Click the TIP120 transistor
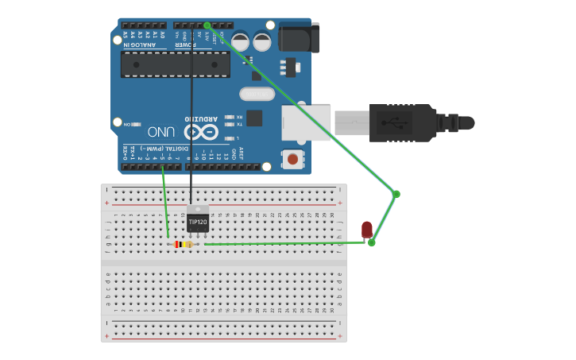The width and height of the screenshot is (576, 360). [198, 221]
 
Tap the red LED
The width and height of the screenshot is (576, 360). [366, 229]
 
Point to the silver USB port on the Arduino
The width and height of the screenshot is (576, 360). [306, 122]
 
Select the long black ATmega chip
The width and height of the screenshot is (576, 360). [175, 64]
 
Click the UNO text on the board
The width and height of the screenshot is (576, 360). [161, 131]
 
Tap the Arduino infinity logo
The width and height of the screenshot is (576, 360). [201, 131]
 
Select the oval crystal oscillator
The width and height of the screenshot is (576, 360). [257, 94]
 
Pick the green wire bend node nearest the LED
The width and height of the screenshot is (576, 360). [371, 242]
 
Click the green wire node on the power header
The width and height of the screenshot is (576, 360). [207, 25]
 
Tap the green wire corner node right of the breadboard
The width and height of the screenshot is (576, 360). [396, 194]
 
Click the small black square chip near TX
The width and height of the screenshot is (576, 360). [254, 118]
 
